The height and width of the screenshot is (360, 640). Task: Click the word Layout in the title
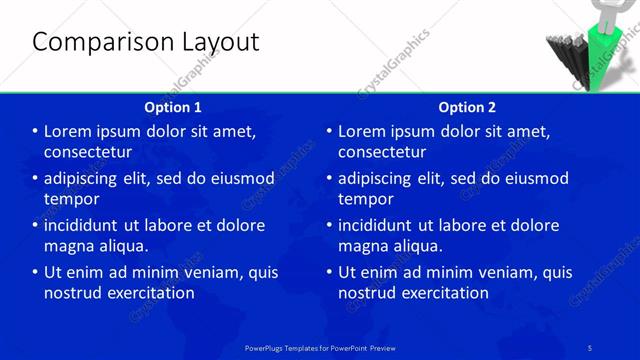click(x=215, y=42)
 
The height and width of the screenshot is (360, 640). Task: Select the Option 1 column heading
click(x=173, y=107)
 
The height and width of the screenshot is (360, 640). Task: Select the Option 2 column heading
click(x=467, y=107)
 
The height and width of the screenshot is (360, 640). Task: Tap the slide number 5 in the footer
click(x=591, y=347)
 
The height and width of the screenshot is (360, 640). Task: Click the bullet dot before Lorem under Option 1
click(x=35, y=132)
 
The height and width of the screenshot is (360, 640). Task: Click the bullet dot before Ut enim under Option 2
click(x=329, y=273)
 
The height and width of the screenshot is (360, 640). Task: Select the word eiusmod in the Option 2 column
click(x=535, y=179)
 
